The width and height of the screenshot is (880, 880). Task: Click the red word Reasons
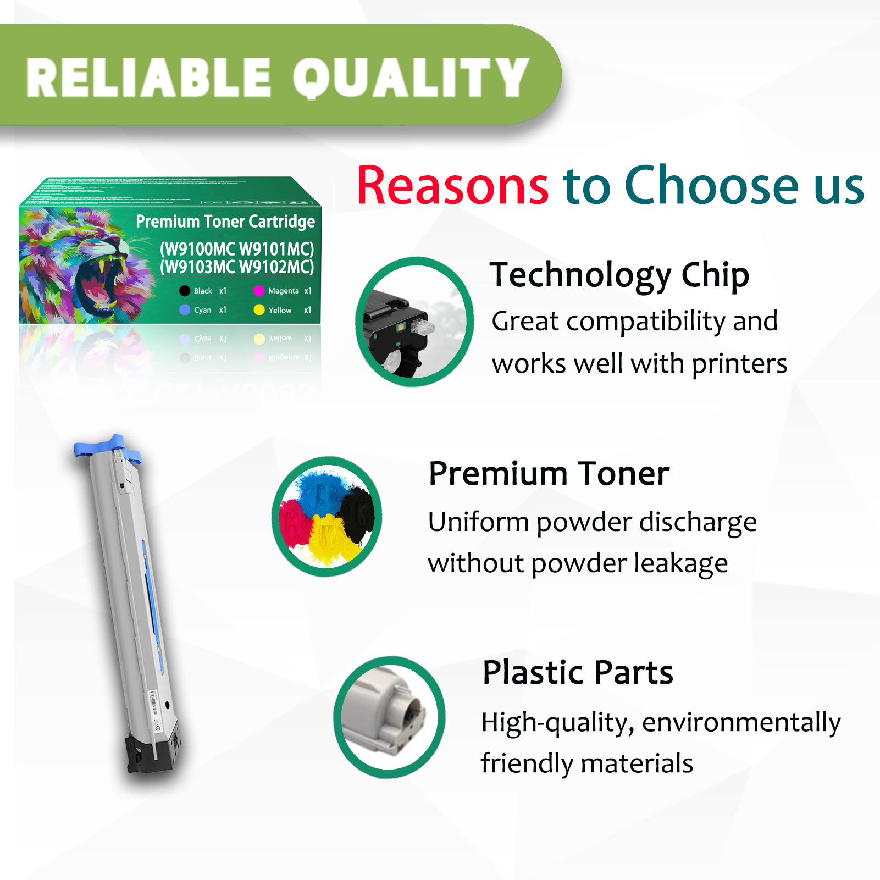tap(452, 186)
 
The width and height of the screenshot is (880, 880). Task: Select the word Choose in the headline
tap(711, 186)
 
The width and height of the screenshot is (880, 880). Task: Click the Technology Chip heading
tap(619, 275)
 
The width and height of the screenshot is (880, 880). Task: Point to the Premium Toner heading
tap(549, 473)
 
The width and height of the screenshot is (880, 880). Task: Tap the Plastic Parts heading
tap(577, 672)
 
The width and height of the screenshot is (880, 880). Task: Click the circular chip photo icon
tap(414, 322)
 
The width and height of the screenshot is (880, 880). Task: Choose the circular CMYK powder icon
tap(327, 516)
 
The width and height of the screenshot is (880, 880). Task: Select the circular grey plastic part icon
tap(389, 717)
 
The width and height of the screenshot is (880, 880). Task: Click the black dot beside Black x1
tap(185, 291)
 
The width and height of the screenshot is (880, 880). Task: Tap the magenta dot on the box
tap(259, 291)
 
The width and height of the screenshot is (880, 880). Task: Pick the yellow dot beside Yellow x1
tap(259, 310)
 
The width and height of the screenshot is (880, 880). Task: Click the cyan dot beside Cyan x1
tap(185, 310)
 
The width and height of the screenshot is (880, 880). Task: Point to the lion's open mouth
tap(99, 280)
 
